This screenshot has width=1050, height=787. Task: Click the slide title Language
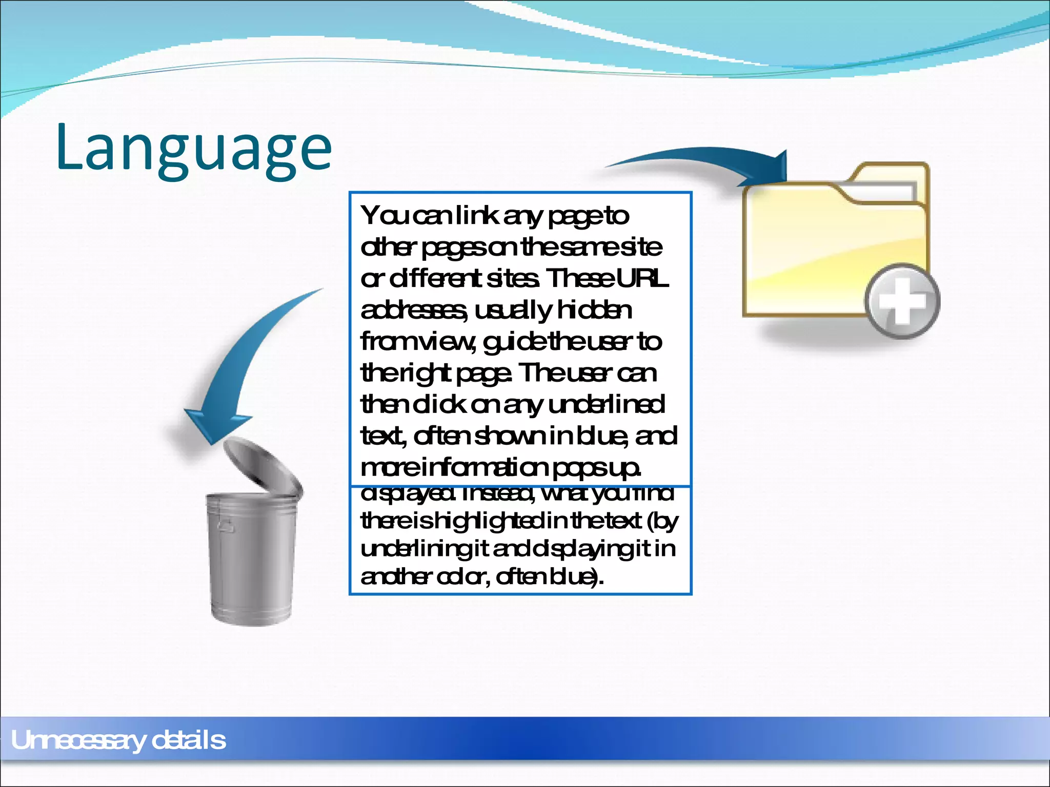click(194, 149)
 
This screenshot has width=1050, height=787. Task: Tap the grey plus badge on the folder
click(902, 301)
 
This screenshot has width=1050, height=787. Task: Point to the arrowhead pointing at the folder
click(769, 172)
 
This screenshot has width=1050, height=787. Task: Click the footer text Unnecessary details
click(118, 740)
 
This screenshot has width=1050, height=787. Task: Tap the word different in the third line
click(435, 279)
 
